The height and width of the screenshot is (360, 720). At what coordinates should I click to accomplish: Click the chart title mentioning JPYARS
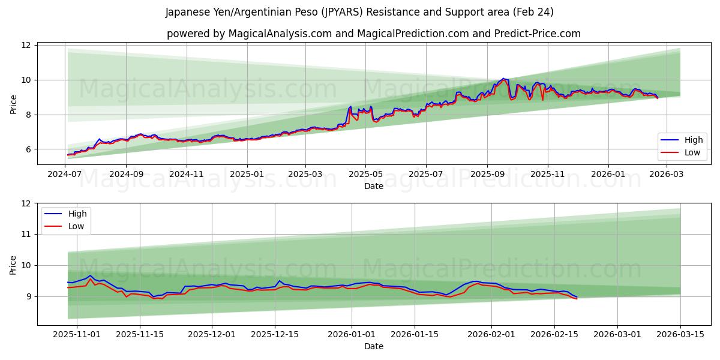coord(359,12)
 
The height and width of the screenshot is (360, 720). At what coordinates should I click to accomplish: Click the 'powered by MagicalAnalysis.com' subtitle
coord(373,34)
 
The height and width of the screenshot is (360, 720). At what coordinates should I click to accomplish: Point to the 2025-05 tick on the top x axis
coord(365,175)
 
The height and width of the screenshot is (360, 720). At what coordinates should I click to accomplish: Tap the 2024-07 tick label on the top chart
coord(64,175)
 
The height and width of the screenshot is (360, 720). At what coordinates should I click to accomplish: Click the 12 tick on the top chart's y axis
coord(26,46)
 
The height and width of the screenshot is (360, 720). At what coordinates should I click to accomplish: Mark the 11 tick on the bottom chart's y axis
coord(26,235)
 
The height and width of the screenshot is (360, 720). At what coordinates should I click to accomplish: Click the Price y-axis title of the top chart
coord(13,104)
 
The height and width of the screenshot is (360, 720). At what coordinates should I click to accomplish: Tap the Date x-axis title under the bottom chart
coord(374,346)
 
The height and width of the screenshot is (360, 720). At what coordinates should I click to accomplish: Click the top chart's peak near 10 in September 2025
coord(503,79)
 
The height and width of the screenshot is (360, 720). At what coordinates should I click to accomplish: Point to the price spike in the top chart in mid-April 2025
coord(350,107)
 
